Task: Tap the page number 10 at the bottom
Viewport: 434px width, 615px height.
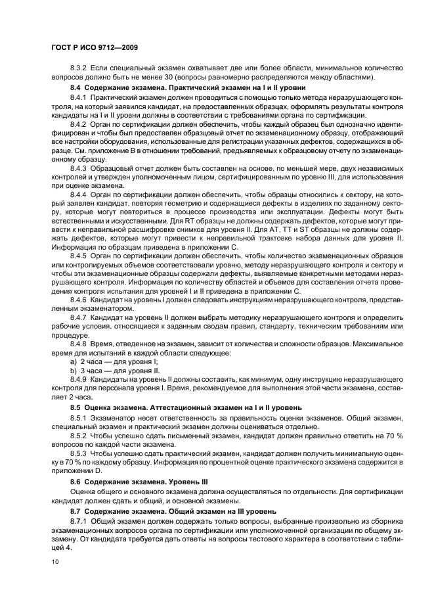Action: point(54,562)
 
